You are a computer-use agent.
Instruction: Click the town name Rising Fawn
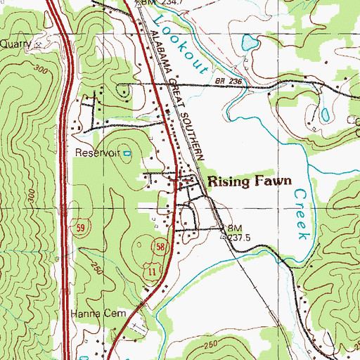(x=249, y=181)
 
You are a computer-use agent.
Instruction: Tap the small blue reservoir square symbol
(x=127, y=152)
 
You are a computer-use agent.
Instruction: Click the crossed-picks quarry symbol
(x=39, y=44)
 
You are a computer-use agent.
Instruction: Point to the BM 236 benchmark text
(x=229, y=83)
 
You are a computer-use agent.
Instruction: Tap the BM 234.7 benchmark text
(x=157, y=4)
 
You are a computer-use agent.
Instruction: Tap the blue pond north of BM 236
(x=249, y=44)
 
